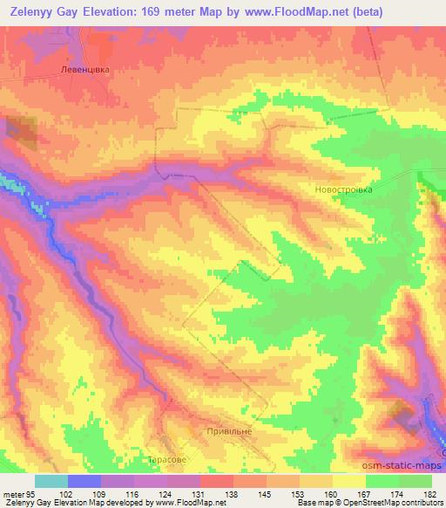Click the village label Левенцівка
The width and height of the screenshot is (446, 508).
[89, 72]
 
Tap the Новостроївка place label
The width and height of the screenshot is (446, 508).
[342, 189]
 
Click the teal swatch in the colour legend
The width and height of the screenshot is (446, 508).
[51, 480]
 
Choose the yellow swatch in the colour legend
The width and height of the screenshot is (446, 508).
[349, 480]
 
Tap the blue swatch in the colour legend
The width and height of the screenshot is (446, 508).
[84, 480]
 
